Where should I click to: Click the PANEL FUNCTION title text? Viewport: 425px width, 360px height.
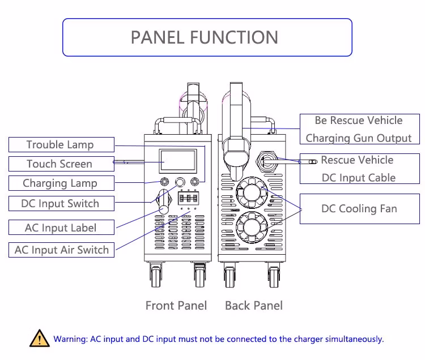[205, 37]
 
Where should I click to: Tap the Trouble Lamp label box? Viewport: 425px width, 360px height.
[60, 144]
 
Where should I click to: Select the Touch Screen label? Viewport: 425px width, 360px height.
[59, 164]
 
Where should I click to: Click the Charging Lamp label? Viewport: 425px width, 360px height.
[60, 183]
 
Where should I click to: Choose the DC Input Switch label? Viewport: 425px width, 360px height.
[60, 203]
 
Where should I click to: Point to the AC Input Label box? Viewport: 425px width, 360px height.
[61, 228]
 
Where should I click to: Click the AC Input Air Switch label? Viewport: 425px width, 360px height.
[62, 250]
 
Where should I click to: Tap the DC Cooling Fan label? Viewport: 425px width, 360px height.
[359, 209]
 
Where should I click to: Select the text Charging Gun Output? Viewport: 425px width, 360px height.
[359, 138]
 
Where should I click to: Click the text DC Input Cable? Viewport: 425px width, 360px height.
[359, 178]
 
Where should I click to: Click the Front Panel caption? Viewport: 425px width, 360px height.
[176, 306]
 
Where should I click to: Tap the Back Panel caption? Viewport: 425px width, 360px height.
[253, 306]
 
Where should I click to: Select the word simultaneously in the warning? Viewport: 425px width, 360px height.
[355, 339]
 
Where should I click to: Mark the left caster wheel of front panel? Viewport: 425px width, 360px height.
[156, 277]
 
